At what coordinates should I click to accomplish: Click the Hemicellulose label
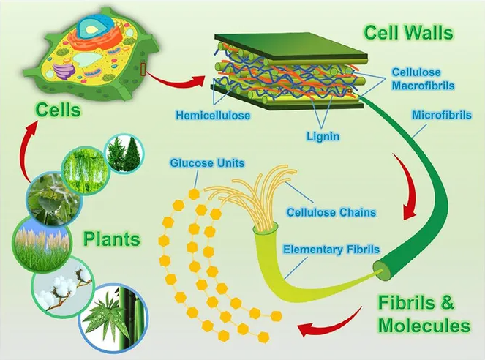tap(213, 116)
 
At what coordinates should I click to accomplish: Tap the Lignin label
tap(323, 136)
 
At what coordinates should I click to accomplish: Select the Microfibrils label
tap(442, 115)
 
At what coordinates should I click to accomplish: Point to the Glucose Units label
tap(207, 162)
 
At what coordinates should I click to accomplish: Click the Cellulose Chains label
tap(331, 212)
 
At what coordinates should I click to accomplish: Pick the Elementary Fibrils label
tap(331, 250)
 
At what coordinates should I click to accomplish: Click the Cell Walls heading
tap(409, 32)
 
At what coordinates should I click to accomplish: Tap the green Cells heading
tap(58, 110)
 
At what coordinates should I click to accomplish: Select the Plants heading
tap(112, 239)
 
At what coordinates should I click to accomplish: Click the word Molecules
tap(424, 325)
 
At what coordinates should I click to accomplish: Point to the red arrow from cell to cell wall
tap(175, 81)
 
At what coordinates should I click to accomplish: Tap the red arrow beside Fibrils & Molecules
tap(330, 323)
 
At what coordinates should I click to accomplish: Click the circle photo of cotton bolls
tap(63, 287)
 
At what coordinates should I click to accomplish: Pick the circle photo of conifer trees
tap(124, 153)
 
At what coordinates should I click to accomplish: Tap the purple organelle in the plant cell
tap(64, 70)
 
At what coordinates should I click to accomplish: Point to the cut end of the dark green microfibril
tap(384, 270)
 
